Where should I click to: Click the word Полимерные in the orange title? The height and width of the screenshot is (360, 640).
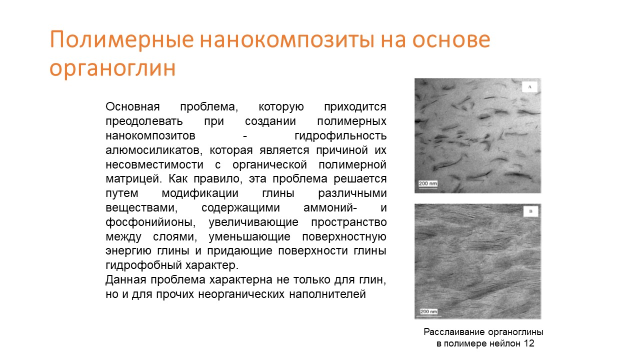122,39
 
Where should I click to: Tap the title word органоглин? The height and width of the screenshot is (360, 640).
112,68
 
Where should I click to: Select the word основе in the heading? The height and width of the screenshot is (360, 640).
451,39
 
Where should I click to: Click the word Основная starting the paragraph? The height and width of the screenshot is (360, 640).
132,106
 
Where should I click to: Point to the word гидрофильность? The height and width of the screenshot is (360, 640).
340,136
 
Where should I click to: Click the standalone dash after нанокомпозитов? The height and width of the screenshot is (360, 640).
245,136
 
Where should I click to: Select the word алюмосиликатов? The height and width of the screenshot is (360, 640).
154,150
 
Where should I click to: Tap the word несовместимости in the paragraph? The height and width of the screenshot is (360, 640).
154,165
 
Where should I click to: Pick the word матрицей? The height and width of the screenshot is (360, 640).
133,179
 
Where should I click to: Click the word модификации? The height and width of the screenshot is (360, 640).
200,193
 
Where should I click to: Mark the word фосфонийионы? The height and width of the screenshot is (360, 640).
150,222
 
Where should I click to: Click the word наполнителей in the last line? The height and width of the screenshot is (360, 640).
327,294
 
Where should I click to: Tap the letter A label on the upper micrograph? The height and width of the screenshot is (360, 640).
529,87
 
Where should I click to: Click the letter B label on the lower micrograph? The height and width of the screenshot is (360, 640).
530,211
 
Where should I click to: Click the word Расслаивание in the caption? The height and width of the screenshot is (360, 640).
454,332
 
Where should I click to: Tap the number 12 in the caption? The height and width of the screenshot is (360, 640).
529,343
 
